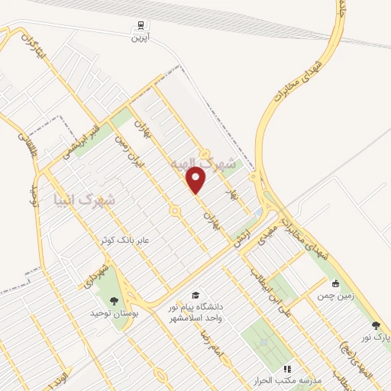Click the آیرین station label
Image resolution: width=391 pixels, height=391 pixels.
click(x=138, y=37)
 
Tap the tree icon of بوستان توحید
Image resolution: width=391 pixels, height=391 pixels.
click(x=115, y=300)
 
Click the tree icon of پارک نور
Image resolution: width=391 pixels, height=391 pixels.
click(x=375, y=325)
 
